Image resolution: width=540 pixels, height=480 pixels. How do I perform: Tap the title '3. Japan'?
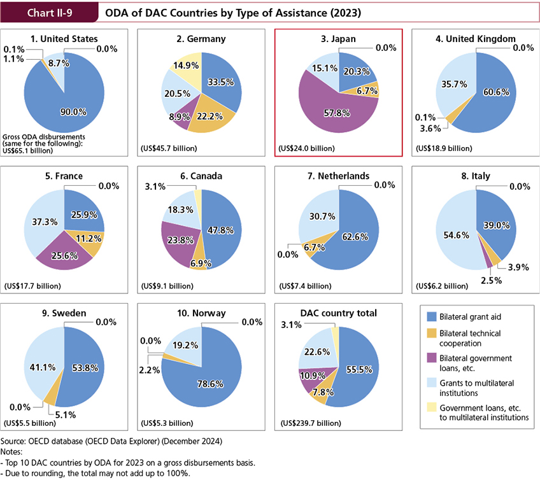point(338,38)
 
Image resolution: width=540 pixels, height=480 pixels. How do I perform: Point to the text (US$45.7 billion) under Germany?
point(168,148)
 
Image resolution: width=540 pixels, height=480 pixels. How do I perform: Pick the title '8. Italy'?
point(475,175)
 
